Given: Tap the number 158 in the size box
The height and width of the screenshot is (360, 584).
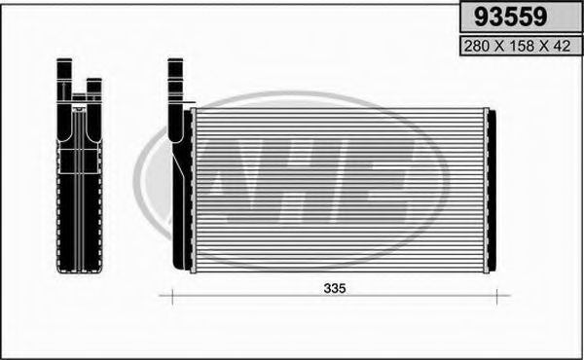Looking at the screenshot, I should tap(521, 45).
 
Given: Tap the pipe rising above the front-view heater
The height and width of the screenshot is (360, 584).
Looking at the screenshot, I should tap(176, 83).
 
